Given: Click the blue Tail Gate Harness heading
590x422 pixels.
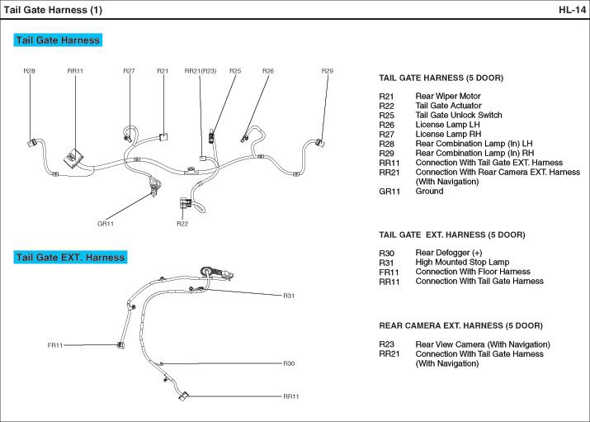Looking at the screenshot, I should [x=58, y=40].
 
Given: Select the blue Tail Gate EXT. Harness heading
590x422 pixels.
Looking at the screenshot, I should [x=70, y=257].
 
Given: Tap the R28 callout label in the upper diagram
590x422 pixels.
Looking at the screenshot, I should [x=29, y=71].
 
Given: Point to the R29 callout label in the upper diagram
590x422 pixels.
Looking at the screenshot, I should [x=328, y=71].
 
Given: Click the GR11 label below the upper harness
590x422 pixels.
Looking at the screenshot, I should [x=105, y=223].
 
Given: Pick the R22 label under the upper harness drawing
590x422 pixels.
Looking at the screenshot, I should [x=182, y=223].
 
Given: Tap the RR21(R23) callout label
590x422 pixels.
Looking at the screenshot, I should [x=200, y=71].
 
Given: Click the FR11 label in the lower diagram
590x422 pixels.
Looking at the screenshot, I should [x=55, y=345].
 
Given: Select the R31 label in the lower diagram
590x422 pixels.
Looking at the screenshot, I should [x=289, y=295].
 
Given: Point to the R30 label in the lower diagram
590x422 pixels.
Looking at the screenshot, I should [x=289, y=363].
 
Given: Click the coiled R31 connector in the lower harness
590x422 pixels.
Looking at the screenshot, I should [x=206, y=269].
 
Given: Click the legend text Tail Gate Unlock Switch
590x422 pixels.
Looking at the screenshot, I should [x=458, y=116].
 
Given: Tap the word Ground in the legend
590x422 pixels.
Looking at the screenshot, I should [x=429, y=192].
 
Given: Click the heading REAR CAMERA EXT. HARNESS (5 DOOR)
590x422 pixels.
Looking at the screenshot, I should [x=460, y=325].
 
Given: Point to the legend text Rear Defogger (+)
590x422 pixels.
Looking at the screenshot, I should [x=448, y=253].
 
